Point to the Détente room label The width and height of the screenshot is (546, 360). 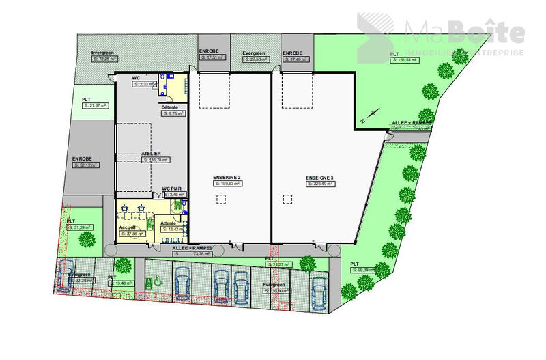[x=170, y=107]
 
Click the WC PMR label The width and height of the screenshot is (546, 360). [x=171, y=189]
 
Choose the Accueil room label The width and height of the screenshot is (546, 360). [x=127, y=227]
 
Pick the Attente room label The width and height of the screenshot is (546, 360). [x=169, y=223]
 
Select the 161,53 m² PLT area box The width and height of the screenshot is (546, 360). [x=408, y=60]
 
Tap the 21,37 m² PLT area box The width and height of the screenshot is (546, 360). [x=96, y=105]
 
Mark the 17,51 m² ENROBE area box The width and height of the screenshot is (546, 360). [x=212, y=58]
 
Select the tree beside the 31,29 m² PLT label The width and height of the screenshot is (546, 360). [x=86, y=239]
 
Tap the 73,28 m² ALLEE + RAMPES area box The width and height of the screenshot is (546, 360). [x=193, y=253]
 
